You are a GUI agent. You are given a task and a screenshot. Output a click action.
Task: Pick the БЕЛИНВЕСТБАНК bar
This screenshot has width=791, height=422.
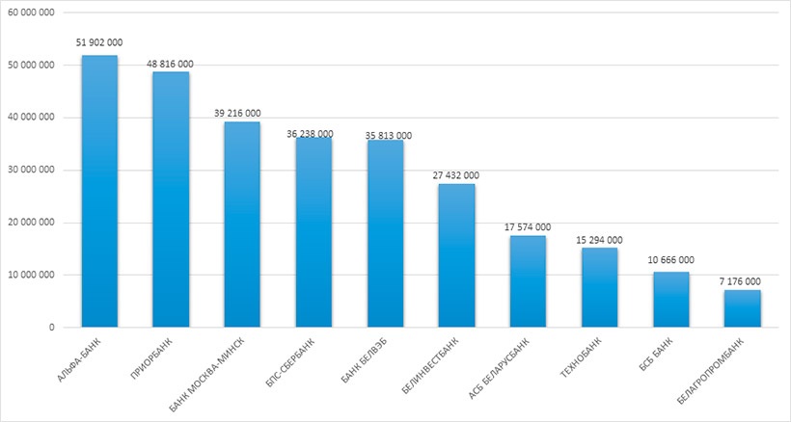(x=456, y=255)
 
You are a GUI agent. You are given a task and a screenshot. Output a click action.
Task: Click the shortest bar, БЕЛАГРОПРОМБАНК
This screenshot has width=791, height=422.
(x=742, y=308)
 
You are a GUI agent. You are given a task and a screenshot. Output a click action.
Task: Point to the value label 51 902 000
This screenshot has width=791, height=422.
(x=99, y=42)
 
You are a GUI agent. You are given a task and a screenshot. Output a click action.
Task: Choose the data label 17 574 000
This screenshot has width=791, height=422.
(x=528, y=226)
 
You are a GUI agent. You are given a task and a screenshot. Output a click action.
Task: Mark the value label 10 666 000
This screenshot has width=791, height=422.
(x=670, y=260)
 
